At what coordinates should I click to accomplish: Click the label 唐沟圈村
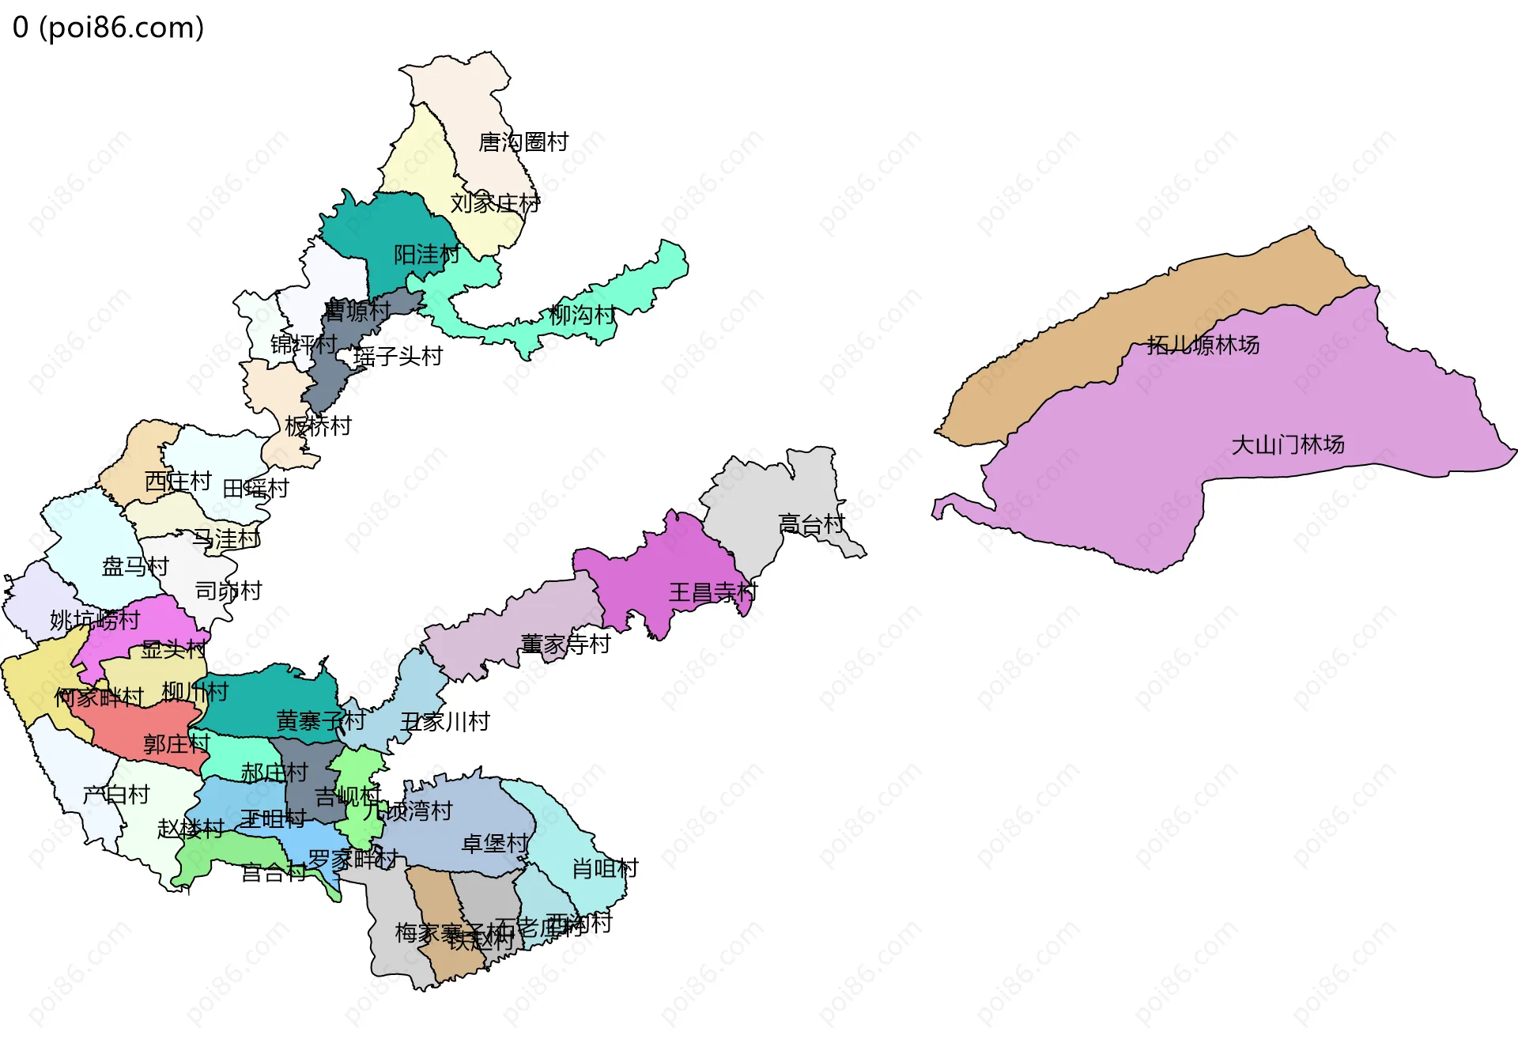523,142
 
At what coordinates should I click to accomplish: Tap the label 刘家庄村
495,203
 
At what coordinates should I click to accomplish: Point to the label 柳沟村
582,316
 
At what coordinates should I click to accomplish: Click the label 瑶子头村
398,357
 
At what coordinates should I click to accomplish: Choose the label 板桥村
318,426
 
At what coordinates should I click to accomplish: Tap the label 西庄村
178,482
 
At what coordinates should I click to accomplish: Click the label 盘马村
135,566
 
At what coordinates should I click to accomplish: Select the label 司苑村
228,591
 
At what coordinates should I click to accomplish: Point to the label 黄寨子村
320,720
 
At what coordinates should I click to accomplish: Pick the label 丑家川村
445,722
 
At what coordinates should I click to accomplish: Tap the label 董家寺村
565,644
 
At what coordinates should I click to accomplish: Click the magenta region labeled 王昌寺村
672,569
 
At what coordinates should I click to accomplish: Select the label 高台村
811,523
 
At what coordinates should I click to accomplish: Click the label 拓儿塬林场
1203,345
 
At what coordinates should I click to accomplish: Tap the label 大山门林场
1288,444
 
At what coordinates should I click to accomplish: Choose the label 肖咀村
605,869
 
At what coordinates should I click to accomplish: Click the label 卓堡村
494,844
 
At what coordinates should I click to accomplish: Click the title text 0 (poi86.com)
108,28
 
